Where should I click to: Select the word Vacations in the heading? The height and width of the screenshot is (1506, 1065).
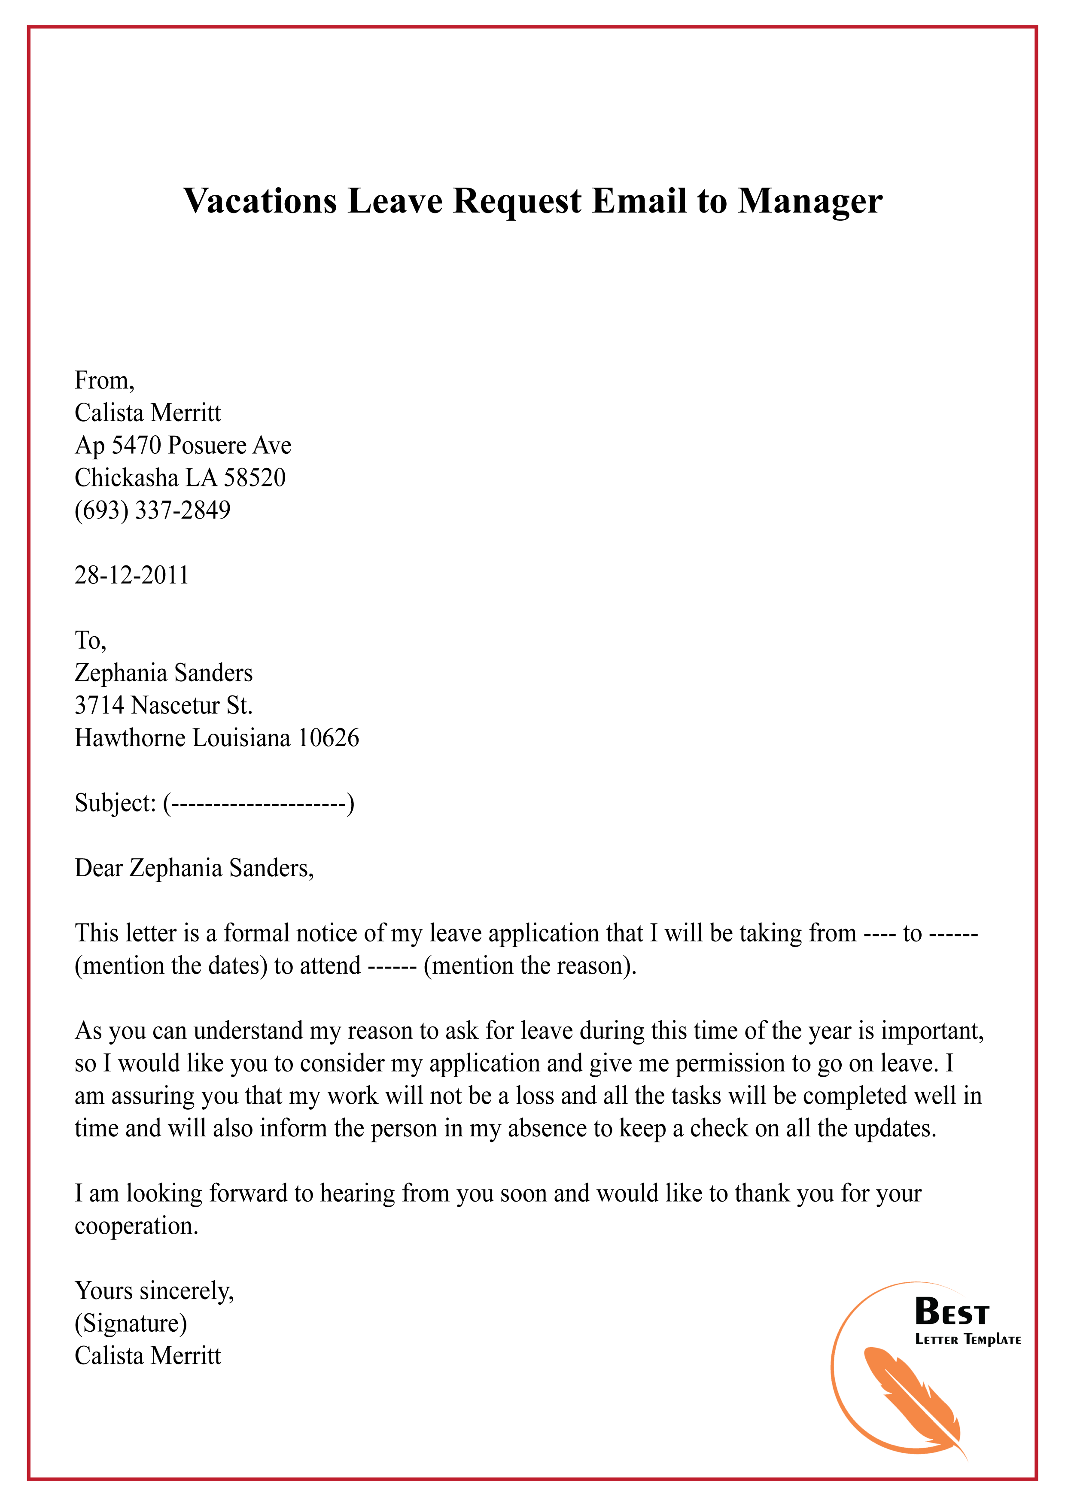(x=260, y=201)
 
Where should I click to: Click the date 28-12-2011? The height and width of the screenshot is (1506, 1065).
(x=131, y=575)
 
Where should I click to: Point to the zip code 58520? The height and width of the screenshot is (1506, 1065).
(x=255, y=477)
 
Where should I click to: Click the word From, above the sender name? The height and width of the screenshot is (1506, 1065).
(x=104, y=380)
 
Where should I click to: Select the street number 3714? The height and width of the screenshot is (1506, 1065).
(x=99, y=705)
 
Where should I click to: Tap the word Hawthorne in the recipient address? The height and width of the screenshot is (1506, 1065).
(x=131, y=738)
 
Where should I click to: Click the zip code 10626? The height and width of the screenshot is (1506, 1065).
(x=328, y=738)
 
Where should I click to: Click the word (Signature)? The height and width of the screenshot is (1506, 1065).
(x=131, y=1323)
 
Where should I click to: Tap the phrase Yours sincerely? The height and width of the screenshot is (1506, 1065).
(x=154, y=1290)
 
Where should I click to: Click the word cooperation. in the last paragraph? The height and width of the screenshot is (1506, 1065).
(x=136, y=1225)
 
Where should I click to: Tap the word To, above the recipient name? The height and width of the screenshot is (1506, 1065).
(x=90, y=640)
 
